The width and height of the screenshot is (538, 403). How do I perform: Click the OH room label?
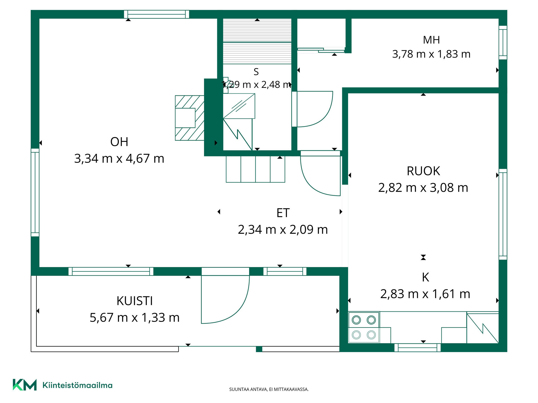click(119, 142)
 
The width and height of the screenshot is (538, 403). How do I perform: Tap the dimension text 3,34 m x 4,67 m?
click(119, 159)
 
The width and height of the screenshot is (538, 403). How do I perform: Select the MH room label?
click(431, 40)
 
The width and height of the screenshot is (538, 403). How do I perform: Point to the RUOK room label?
click(423, 171)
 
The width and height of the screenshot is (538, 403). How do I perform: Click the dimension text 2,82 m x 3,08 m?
click(423, 188)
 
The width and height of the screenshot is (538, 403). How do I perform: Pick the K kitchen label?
click(425, 277)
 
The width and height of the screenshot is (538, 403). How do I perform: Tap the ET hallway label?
click(283, 213)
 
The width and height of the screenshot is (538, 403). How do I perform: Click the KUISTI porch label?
click(134, 301)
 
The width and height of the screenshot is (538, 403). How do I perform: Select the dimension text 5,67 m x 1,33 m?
click(134, 318)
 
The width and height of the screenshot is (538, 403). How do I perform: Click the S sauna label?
click(256, 72)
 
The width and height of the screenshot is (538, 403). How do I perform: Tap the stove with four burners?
click(364, 327)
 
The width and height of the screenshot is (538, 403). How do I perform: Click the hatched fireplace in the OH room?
click(189, 118)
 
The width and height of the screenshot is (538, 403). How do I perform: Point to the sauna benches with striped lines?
click(257, 41)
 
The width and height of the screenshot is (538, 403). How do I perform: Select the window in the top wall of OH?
click(156, 14)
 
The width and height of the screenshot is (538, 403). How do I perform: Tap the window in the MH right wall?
click(503, 43)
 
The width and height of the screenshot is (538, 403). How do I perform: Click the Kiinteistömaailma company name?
click(77, 385)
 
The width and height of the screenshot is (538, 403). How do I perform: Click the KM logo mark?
click(25, 385)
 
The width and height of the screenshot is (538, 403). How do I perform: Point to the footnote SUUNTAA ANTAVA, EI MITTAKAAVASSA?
click(269, 389)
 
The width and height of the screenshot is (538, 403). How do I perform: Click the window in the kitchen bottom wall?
click(418, 348)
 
